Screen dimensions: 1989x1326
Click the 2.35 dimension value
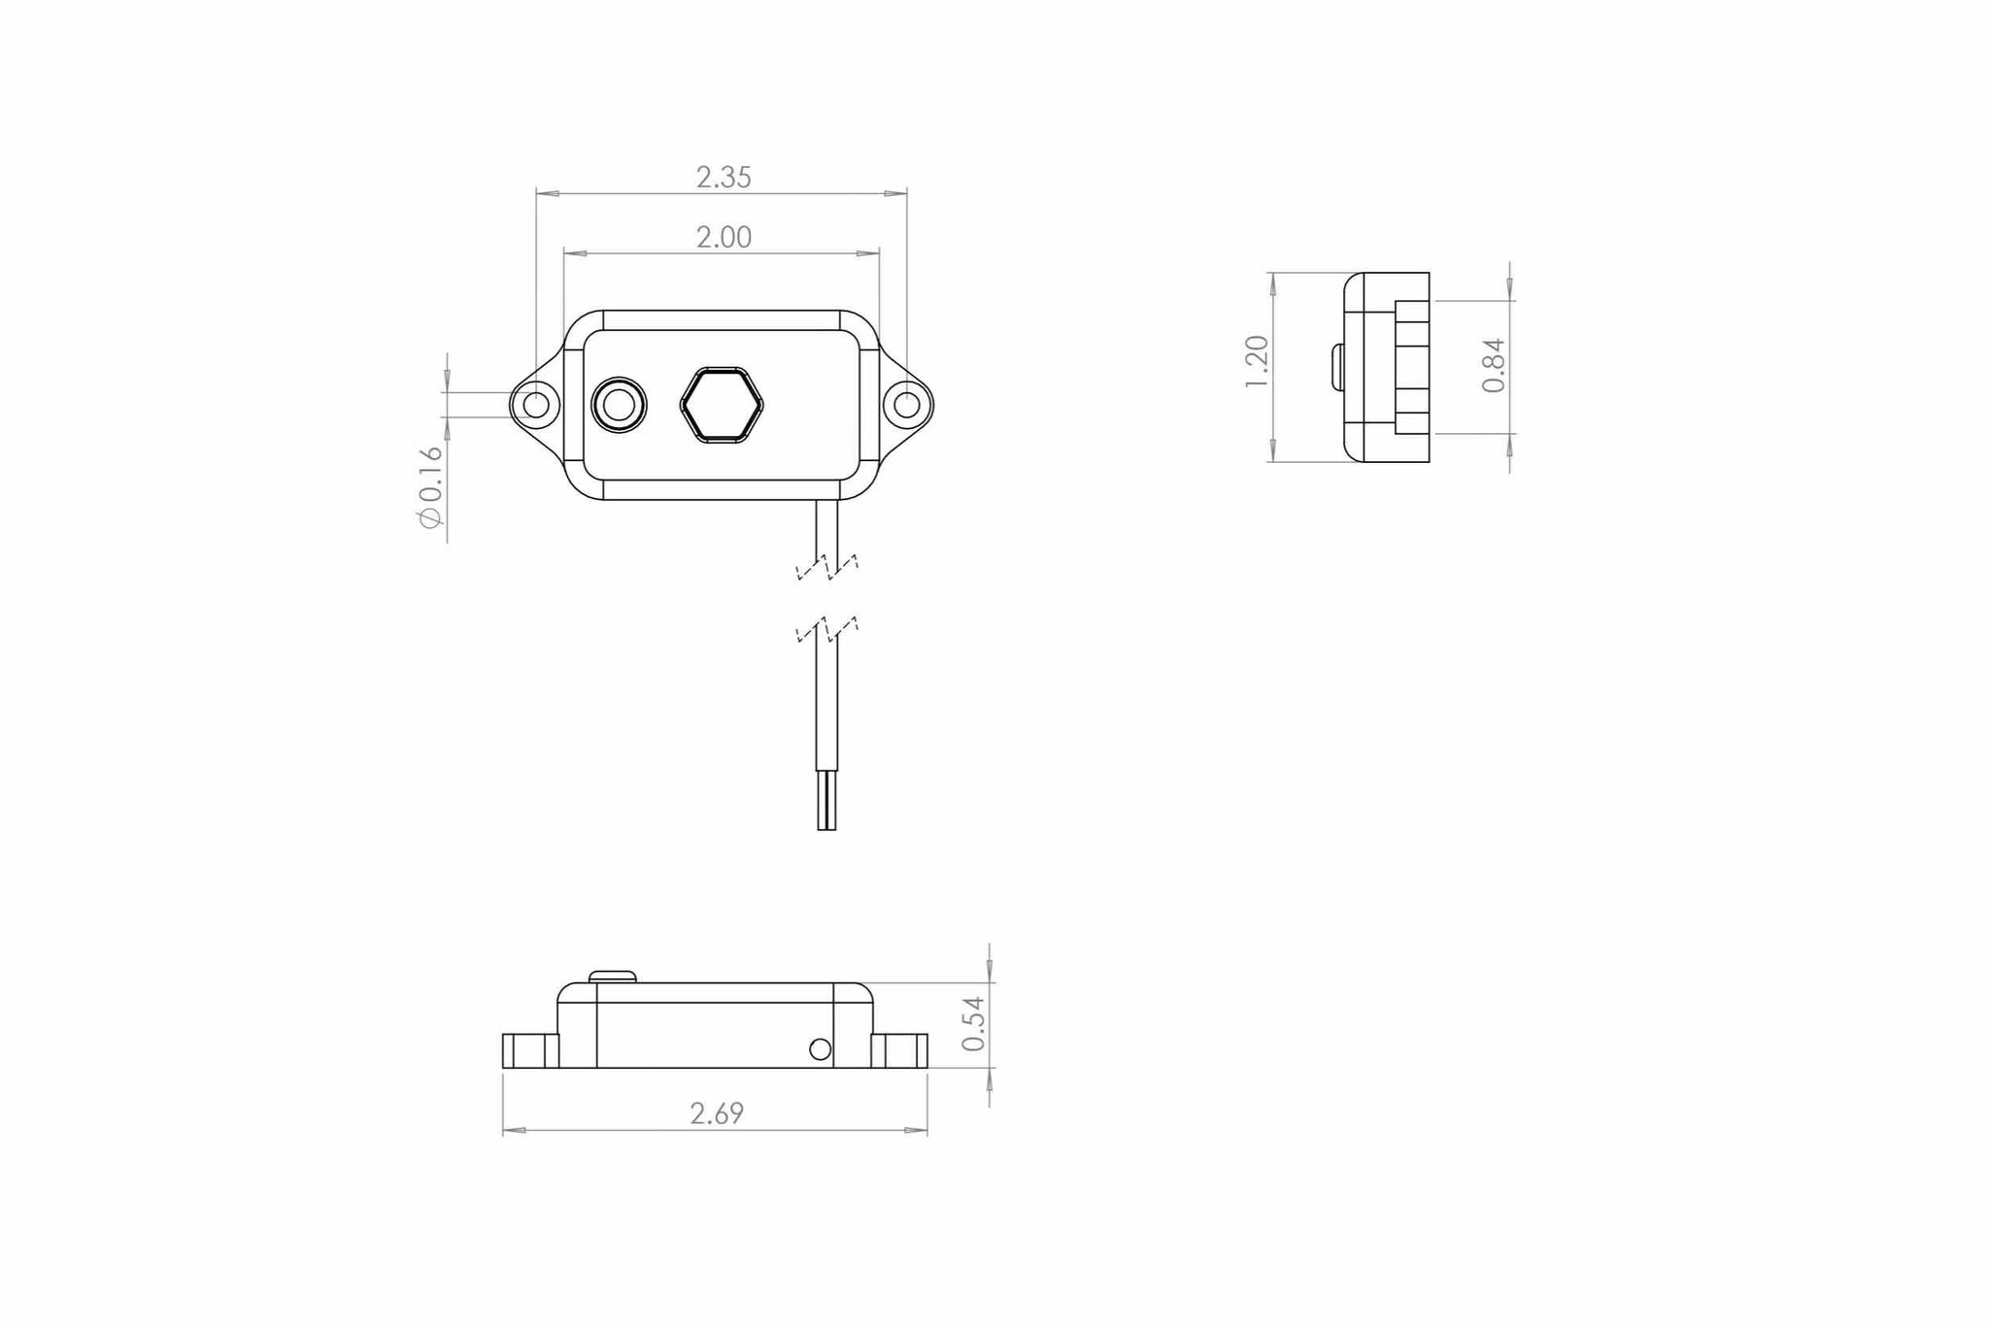click(x=724, y=178)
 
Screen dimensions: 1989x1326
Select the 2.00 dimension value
click(x=724, y=237)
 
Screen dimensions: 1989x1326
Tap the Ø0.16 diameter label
click(x=430, y=487)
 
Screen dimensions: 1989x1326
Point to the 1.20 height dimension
click(x=1256, y=362)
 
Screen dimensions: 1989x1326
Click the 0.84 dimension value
click(x=1494, y=365)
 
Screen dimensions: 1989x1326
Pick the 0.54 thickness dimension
click(x=973, y=1024)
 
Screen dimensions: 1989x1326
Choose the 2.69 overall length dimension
click(x=717, y=1113)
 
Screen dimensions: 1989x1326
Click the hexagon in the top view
click(x=722, y=405)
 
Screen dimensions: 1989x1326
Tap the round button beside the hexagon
click(x=619, y=404)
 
